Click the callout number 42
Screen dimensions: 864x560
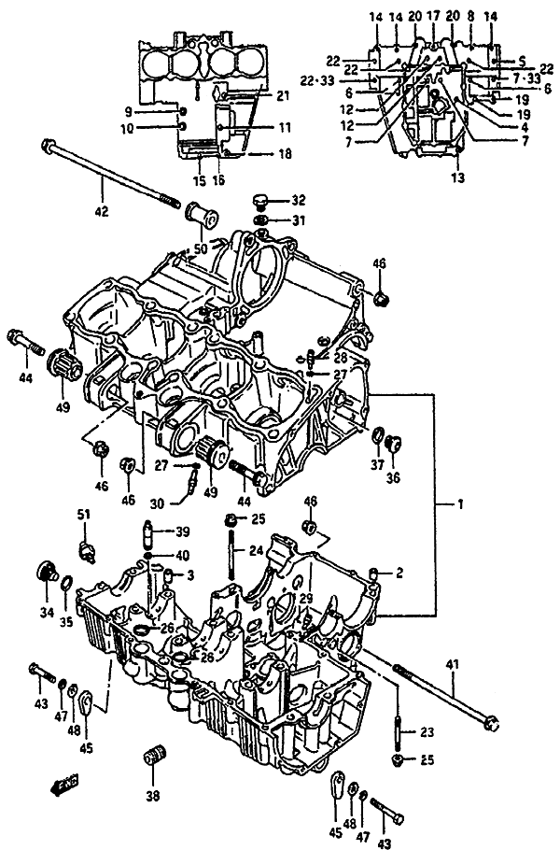coord(102,211)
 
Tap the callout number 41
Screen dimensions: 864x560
coord(452,664)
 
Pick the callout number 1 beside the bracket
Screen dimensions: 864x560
coord(458,504)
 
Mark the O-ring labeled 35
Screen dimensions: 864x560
coord(66,586)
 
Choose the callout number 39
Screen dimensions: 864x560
coord(182,531)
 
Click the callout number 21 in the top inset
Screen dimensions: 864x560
coord(284,95)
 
